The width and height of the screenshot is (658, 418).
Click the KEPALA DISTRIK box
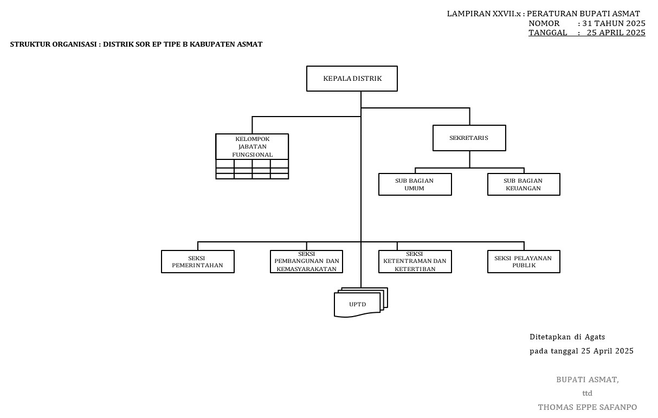coord(352,79)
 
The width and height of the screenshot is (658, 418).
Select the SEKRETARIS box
coord(469,138)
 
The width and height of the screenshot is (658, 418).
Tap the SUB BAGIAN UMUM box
coord(415,184)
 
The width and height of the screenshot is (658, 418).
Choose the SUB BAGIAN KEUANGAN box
coord(524,184)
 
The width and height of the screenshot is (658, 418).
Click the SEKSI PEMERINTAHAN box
coord(197,261)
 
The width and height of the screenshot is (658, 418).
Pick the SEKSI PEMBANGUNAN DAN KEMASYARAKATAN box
coord(306,261)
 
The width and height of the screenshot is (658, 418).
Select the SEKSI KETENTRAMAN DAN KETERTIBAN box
coord(415,261)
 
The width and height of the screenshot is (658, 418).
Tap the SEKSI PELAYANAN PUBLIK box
coord(524,261)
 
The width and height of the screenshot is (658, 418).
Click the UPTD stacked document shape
coord(358,304)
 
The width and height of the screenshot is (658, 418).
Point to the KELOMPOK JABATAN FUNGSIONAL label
coord(252,146)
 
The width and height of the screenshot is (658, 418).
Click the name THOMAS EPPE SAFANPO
coord(587,407)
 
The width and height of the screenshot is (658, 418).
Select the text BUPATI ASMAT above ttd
coord(587,380)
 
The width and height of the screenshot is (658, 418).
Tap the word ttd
coord(587,393)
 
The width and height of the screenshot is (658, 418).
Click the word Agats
coord(595,337)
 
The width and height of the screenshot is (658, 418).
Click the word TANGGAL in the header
coord(547,33)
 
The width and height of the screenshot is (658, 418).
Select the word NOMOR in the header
coord(544,23)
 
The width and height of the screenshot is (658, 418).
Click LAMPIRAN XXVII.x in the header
coord(483,14)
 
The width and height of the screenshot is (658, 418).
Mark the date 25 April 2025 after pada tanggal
coord(607,351)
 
